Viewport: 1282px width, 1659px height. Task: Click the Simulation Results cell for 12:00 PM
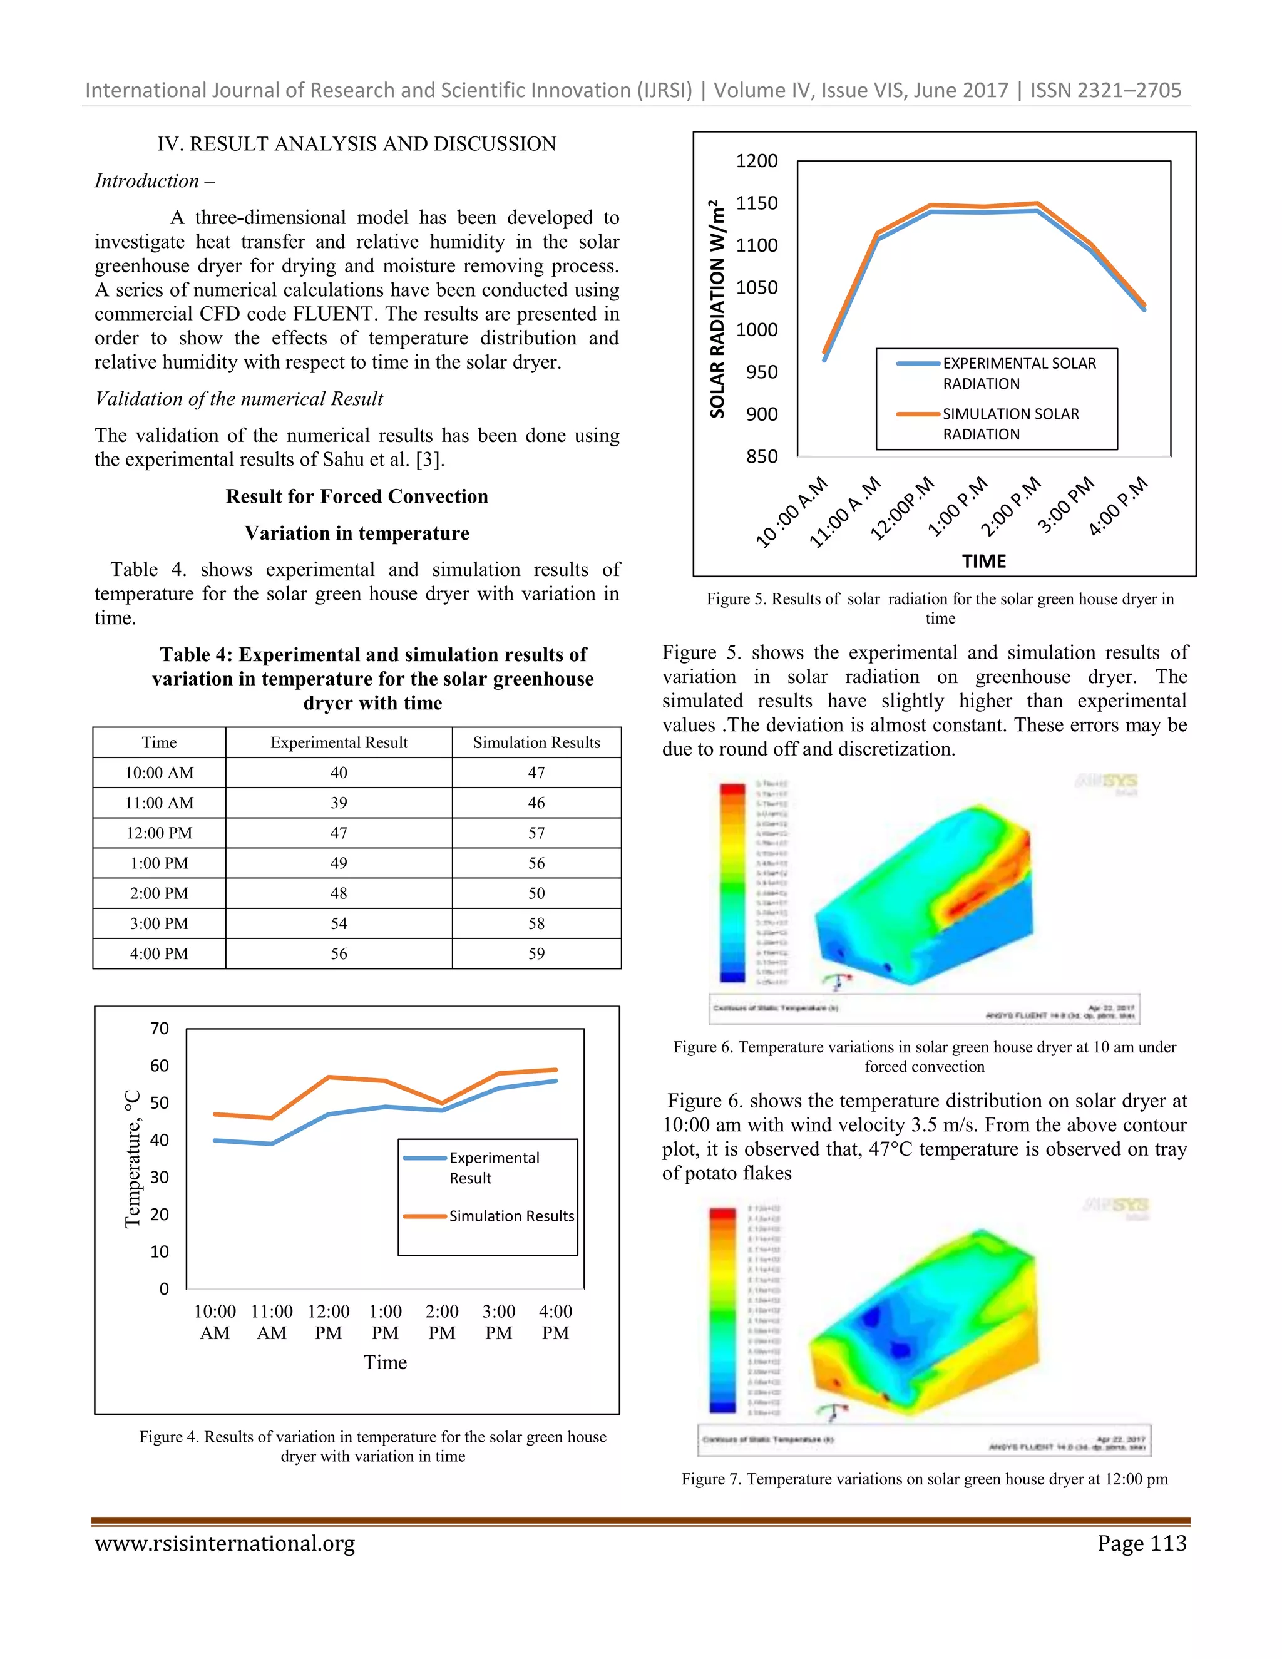click(536, 833)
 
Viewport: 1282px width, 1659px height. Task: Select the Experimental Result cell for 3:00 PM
click(339, 923)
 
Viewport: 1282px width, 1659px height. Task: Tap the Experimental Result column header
click(339, 742)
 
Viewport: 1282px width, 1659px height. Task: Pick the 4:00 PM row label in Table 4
click(159, 953)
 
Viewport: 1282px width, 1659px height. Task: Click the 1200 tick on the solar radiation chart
click(756, 161)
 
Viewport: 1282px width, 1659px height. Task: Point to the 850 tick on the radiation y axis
click(762, 456)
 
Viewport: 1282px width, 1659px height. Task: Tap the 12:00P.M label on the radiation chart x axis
click(902, 509)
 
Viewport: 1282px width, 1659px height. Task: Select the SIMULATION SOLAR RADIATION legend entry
click(1010, 423)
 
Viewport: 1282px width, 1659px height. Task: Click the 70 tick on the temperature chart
click(160, 1029)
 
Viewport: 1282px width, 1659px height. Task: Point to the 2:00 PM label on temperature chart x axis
click(442, 1322)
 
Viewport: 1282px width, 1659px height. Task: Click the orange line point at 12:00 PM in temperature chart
click(328, 1077)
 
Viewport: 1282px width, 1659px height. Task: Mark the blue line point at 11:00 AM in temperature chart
click(271, 1143)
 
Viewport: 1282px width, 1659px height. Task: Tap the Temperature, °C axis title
click(133, 1158)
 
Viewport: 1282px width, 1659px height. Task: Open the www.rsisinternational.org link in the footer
click(225, 1544)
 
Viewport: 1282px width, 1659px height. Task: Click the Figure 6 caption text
click(925, 1056)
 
